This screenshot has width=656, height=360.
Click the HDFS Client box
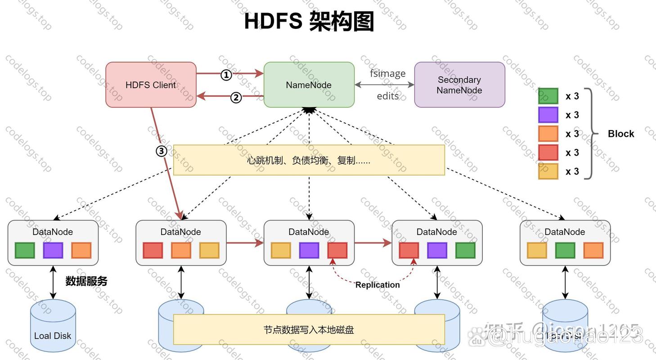(151, 85)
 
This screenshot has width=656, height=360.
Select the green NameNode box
(309, 85)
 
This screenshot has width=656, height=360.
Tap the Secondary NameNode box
(459, 85)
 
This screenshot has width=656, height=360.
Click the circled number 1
(226, 75)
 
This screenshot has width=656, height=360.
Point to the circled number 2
(236, 97)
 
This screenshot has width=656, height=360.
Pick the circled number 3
(162, 151)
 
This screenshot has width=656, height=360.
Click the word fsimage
(387, 73)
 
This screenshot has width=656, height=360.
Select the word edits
(387, 96)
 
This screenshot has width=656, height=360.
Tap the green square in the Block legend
(548, 96)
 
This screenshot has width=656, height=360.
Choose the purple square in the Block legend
(548, 115)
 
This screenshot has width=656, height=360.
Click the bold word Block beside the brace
(620, 134)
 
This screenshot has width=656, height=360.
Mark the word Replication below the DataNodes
(377, 285)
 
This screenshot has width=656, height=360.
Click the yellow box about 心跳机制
(309, 160)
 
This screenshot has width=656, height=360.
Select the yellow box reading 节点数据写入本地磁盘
(309, 330)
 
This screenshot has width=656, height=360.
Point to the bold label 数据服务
(86, 281)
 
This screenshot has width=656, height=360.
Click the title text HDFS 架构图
(309, 21)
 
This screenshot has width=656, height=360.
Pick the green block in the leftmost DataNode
(25, 251)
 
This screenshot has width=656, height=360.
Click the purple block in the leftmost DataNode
(53, 251)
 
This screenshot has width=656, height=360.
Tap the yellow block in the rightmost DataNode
(537, 251)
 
